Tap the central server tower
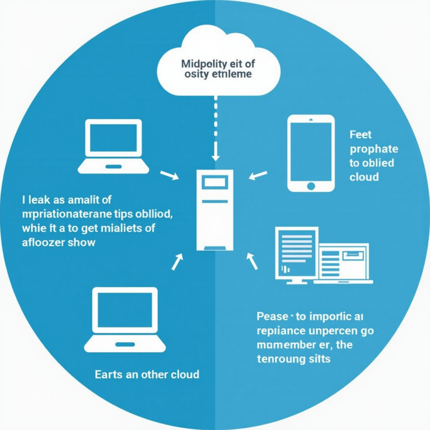coord(214,210)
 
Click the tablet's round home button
coord(311,185)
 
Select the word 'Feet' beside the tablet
coord(361,135)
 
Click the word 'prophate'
coord(373,149)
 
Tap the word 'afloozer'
coord(43,242)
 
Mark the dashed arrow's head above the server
coord(215,156)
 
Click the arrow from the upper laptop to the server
coord(169,175)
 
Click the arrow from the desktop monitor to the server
coord(252,259)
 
